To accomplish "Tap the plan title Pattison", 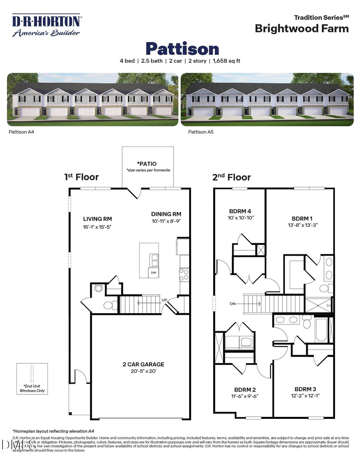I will coord(182,49).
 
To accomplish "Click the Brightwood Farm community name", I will coord(302,28).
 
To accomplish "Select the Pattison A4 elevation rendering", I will coord(92,99).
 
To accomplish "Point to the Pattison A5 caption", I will coord(201,131).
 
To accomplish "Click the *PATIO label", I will coord(146,164).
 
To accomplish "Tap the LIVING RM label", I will coord(97,219).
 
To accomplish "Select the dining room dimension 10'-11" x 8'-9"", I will coord(166,221).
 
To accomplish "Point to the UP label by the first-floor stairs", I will coord(164,300).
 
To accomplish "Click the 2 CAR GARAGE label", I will coord(143,364).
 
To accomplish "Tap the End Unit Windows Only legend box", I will coord(32,378).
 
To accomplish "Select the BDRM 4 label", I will coord(240,211).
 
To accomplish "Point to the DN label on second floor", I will coord(233,304).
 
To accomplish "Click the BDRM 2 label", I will coord(245,389).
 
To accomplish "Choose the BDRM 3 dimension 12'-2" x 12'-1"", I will coord(307,396).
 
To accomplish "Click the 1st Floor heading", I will coord(81,177).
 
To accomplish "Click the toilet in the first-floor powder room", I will coord(110,305).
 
